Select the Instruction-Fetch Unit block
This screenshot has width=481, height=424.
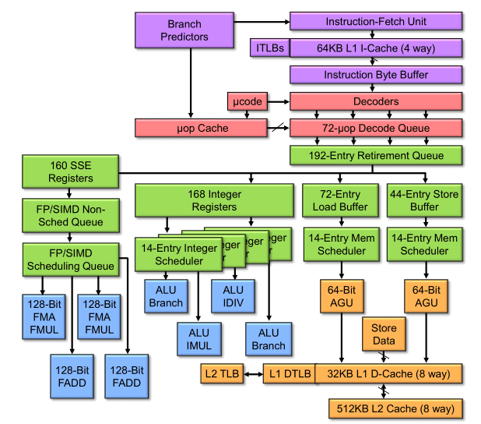click(x=376, y=22)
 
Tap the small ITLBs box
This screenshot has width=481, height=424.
click(x=269, y=49)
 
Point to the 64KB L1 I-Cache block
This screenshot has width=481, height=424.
click(x=376, y=49)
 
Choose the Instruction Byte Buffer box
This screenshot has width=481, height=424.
click(x=376, y=75)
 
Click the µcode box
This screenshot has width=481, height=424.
click(x=248, y=101)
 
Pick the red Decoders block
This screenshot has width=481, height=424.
click(x=376, y=101)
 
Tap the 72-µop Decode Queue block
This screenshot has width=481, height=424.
click(x=376, y=128)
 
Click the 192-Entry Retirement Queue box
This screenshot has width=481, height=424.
click(x=376, y=155)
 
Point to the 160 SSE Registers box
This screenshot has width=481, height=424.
click(x=70, y=172)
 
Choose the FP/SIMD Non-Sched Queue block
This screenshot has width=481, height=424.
click(x=70, y=216)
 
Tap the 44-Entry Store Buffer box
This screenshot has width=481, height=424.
click(x=423, y=200)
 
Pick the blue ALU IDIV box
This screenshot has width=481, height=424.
click(x=228, y=297)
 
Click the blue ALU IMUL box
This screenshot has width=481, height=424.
click(x=198, y=340)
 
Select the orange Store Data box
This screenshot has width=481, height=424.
click(x=384, y=334)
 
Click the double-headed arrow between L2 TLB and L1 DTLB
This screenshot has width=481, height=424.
click(x=252, y=374)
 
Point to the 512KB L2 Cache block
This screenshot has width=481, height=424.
click(x=396, y=408)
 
